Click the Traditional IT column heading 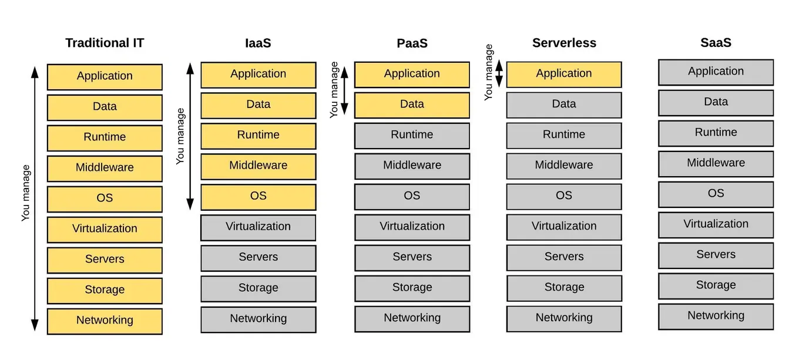(105, 43)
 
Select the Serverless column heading (564, 43)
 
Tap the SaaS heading (716, 43)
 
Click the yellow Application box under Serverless (564, 74)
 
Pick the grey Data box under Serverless (564, 105)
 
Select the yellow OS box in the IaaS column (258, 196)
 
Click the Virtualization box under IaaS (258, 227)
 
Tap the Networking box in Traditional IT (105, 321)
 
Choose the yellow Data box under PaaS (412, 105)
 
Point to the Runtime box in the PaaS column (412, 135)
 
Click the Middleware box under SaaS (716, 163)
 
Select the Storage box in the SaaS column (716, 285)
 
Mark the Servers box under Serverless (564, 257)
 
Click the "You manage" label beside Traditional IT (26, 193)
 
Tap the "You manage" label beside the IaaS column (180, 136)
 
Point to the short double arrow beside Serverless (499, 73)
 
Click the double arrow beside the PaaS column (345, 90)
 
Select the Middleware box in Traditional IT (105, 168)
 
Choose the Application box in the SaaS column (716, 72)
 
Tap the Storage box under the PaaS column (412, 288)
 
